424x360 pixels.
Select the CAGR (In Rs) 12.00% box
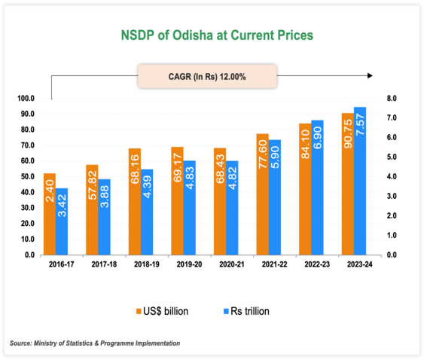[x=207, y=76]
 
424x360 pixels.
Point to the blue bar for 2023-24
[x=360, y=181]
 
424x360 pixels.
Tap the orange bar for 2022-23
[x=304, y=189]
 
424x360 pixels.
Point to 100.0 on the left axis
[x=26, y=99]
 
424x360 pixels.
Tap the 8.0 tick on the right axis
[x=391, y=99]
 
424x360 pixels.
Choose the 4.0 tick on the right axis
[x=391, y=177]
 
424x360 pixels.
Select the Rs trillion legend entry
[x=244, y=310]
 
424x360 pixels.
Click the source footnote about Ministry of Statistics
[x=95, y=343]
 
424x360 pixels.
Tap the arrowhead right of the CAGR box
[x=369, y=76]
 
